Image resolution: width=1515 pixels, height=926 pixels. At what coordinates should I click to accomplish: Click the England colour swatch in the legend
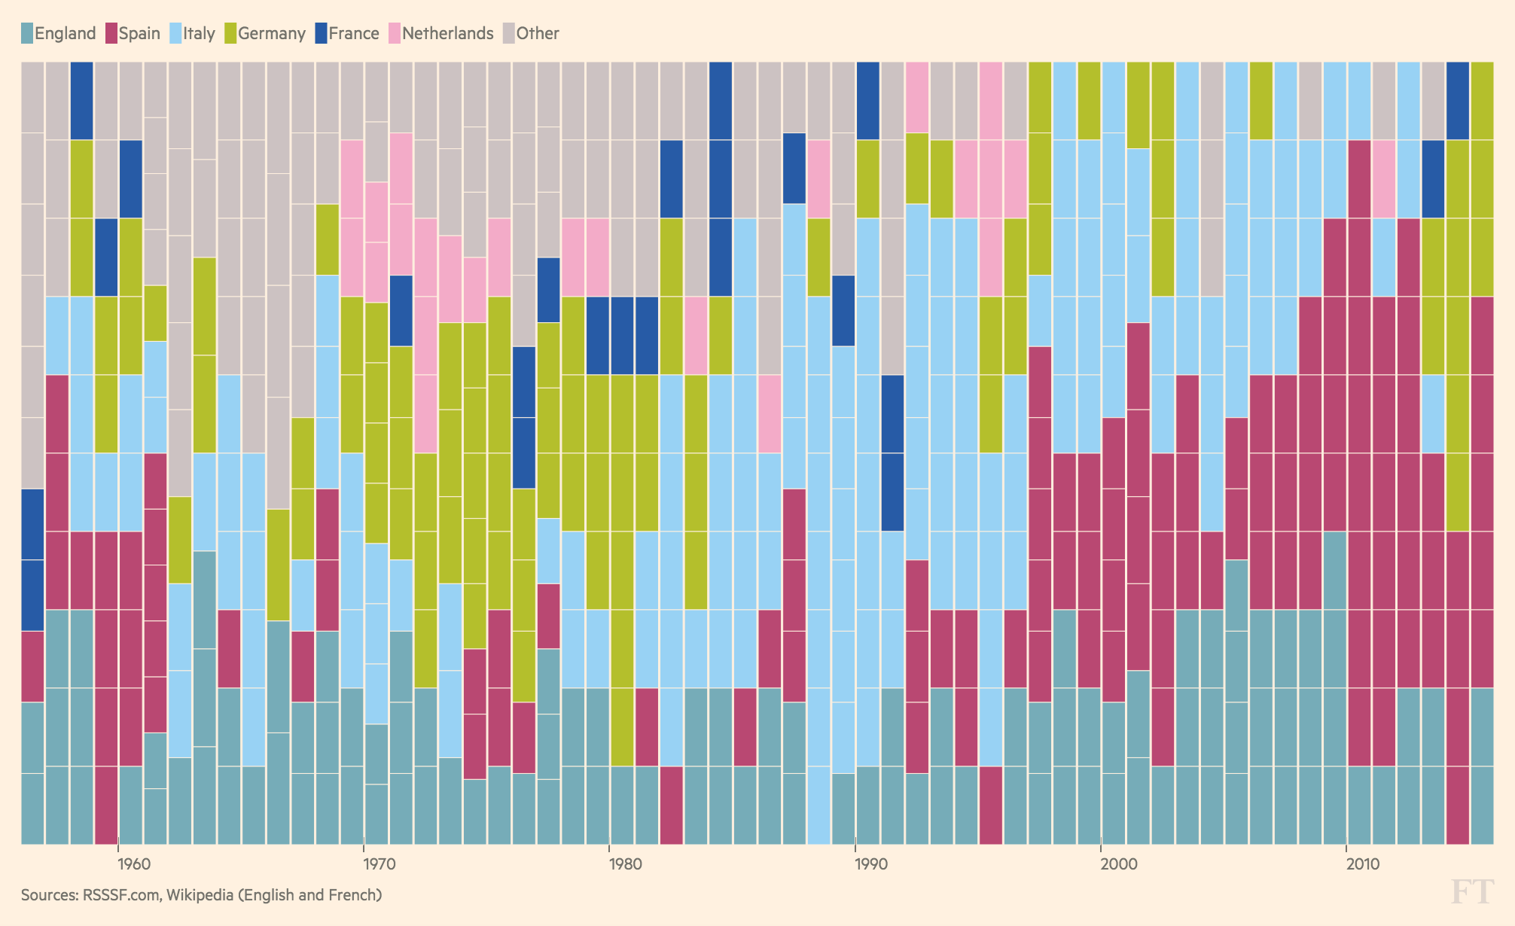tap(26, 33)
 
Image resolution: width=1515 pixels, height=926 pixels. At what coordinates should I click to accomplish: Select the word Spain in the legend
tap(139, 33)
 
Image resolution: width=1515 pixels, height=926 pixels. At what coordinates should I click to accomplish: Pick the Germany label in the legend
tap(272, 33)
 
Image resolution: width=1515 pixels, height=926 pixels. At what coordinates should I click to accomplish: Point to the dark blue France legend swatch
tap(320, 33)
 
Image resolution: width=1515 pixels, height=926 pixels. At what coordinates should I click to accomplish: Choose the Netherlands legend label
tap(447, 33)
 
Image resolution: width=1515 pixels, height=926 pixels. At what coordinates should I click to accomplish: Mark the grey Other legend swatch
tap(509, 33)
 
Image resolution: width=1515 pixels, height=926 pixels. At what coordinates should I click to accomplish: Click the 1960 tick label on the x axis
tap(119, 864)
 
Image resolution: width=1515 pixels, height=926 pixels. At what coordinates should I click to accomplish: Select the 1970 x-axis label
tap(364, 864)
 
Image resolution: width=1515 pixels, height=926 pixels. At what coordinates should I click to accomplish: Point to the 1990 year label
tap(855, 864)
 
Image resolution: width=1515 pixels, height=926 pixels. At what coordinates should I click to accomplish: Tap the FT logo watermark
tap(1471, 891)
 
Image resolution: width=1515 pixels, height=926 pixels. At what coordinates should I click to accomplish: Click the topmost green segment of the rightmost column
tap(1482, 100)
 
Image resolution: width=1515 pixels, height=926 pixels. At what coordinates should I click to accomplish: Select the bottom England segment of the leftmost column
tap(32, 809)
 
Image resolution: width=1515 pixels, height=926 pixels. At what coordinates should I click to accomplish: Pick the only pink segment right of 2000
tap(1384, 178)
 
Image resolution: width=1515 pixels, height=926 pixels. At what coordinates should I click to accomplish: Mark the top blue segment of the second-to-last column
tap(1458, 100)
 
